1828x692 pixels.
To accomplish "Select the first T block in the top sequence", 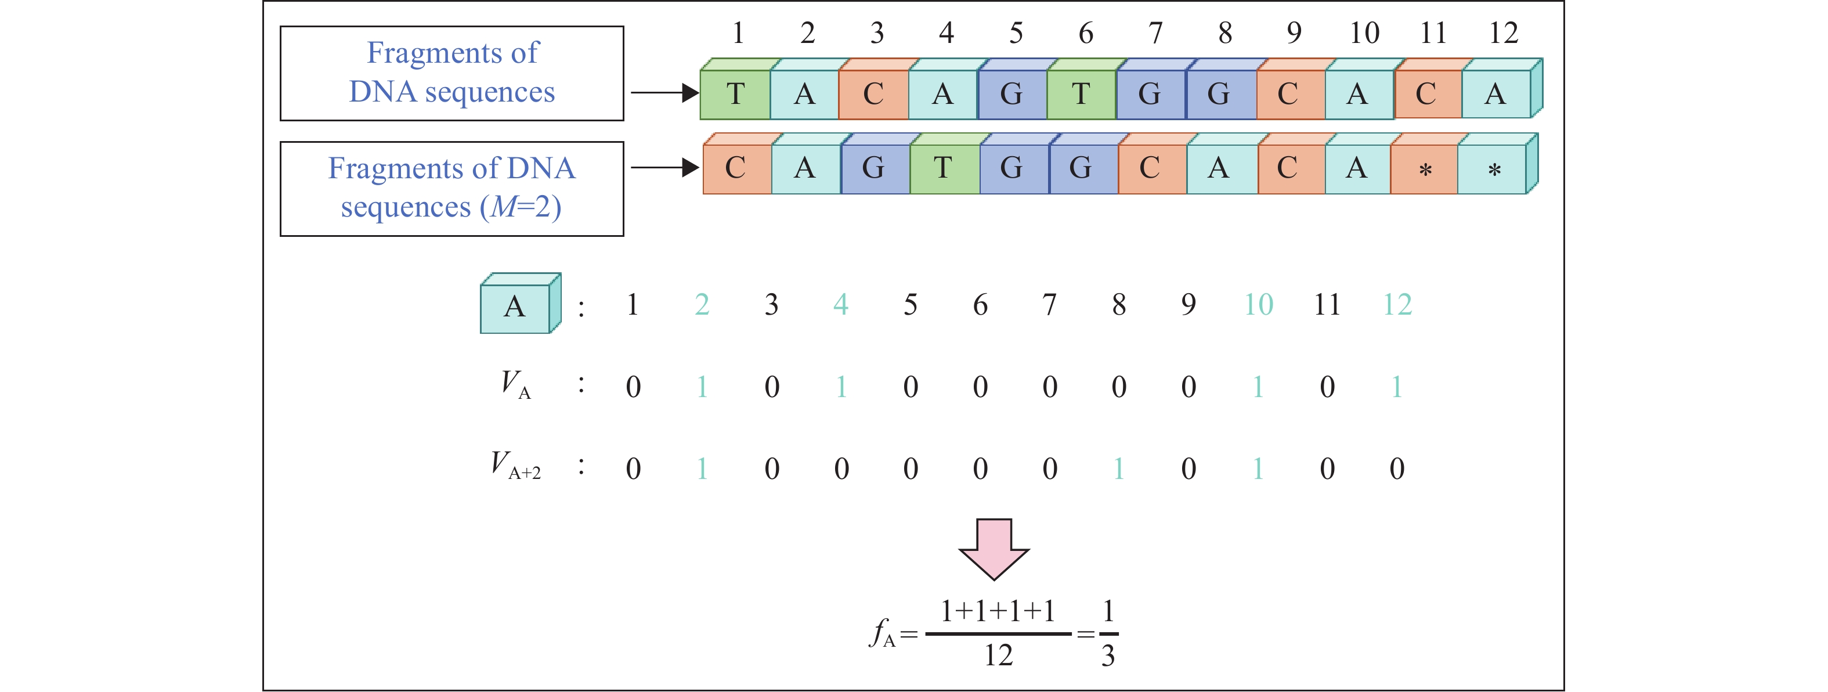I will point(735,93).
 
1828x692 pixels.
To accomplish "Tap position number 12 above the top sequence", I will point(1503,33).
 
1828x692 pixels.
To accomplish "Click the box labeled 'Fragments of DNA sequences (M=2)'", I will point(451,188).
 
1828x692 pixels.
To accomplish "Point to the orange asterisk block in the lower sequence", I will point(1425,169).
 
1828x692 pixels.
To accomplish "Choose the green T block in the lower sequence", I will point(943,169).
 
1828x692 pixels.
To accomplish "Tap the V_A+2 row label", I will point(516,466).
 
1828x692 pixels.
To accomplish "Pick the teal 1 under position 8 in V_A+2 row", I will point(1119,468).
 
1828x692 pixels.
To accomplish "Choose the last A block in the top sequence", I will point(1495,93).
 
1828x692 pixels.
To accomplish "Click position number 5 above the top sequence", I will point(1016,33).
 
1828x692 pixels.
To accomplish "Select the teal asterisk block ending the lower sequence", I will point(1494,169).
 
